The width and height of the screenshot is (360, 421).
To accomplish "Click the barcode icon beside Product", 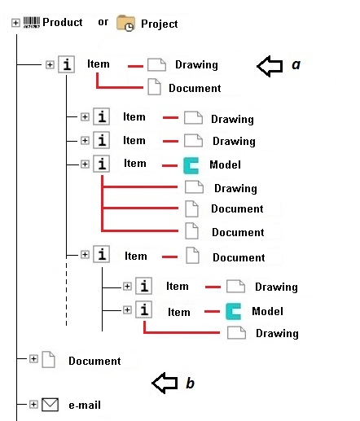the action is coord(32,22).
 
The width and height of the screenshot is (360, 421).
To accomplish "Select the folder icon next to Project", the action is coord(125,23).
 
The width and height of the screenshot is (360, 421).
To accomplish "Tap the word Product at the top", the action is coord(63,22).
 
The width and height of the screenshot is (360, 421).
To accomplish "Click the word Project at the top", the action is coord(160,24).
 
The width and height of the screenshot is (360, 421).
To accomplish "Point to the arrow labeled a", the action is coord(270,66).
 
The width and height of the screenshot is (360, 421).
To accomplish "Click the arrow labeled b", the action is coord(165,383).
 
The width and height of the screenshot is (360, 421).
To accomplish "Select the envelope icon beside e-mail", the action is coord(50,405).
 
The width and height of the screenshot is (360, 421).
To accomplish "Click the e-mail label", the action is coord(85,405).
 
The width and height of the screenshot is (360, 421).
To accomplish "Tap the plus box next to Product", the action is coord(15,23).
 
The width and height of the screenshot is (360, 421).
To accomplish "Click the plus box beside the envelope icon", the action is coord(33,405).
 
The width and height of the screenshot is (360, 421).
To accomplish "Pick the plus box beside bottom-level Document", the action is coord(33,359).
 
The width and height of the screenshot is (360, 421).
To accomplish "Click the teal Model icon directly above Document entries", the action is coord(191,165).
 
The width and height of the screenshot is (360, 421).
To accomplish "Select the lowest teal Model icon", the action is coord(234,311).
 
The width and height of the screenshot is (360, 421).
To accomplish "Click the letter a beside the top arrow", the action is coord(296,64).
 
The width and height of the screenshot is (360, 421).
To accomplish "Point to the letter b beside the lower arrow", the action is coord(191,383).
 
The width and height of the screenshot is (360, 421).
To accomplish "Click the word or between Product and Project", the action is coord(103,22).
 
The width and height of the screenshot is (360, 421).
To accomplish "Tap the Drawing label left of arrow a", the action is coord(196,64).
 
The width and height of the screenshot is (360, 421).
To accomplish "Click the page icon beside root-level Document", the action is coord(49,359).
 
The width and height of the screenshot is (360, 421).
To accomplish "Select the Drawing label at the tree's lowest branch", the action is coord(277,333).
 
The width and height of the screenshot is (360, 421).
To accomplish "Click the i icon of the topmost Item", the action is coord(67,64).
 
